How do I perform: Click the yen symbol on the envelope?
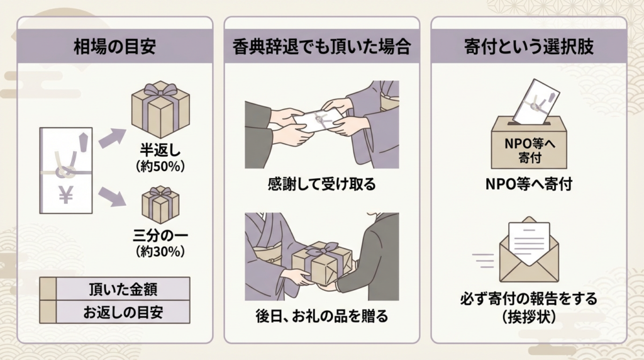click(x=65, y=196)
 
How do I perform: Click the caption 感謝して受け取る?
click(x=321, y=184)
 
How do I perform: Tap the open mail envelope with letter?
click(x=529, y=250)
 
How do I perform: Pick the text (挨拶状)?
click(x=528, y=317)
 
